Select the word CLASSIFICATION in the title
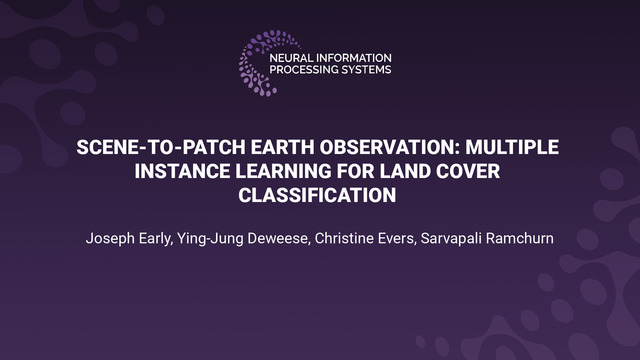coord(319,194)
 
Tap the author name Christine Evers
coord(368,240)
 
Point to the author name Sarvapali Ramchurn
coord(492,240)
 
